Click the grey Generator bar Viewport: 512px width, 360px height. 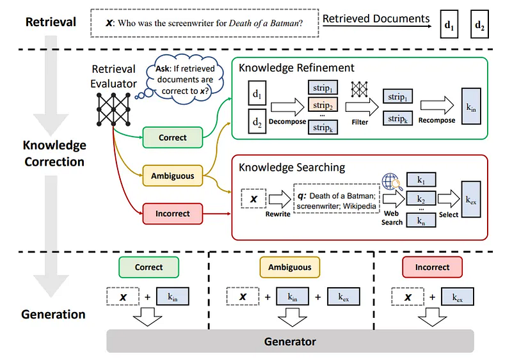pyautogui.click(x=289, y=341)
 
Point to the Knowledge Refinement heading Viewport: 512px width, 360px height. pyautogui.click(x=296, y=68)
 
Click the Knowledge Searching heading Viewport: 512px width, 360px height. pyautogui.click(x=292, y=168)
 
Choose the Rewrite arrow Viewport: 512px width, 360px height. pyautogui.click(x=278, y=200)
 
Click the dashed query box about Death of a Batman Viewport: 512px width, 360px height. pyautogui.click(x=204, y=22)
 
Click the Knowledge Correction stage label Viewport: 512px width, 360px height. pyautogui.click(x=54, y=153)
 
